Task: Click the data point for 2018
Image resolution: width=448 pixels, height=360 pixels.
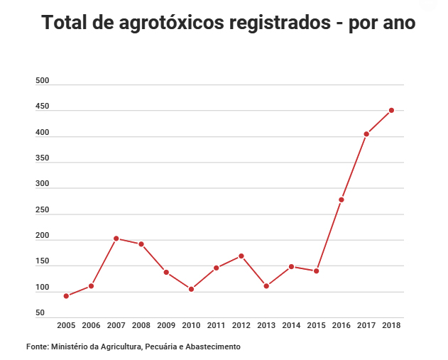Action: (x=391, y=110)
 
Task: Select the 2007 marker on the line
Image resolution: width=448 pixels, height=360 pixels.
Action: (x=116, y=239)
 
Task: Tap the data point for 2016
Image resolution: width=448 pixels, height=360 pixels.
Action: (x=341, y=200)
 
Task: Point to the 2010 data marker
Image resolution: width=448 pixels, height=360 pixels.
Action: (x=191, y=289)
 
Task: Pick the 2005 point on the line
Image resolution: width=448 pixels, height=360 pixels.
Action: (x=66, y=295)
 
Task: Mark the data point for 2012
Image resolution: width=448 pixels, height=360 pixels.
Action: (x=241, y=256)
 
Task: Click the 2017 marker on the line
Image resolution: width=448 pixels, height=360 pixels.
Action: (x=366, y=134)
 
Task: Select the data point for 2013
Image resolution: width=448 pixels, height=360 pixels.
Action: (x=266, y=286)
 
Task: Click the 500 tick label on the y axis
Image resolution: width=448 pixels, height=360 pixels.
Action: (x=42, y=81)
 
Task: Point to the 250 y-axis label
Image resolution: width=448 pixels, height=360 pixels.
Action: (x=42, y=210)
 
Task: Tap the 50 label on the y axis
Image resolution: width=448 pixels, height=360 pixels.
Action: (x=40, y=313)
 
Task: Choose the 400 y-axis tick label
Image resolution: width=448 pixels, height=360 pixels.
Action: (x=42, y=133)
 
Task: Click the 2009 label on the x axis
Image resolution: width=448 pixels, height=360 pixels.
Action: (x=166, y=326)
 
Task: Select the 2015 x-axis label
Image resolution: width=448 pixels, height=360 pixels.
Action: (x=316, y=326)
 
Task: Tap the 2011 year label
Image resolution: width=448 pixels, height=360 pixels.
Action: (x=216, y=326)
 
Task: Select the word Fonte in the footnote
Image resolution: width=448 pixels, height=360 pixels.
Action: (x=36, y=347)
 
